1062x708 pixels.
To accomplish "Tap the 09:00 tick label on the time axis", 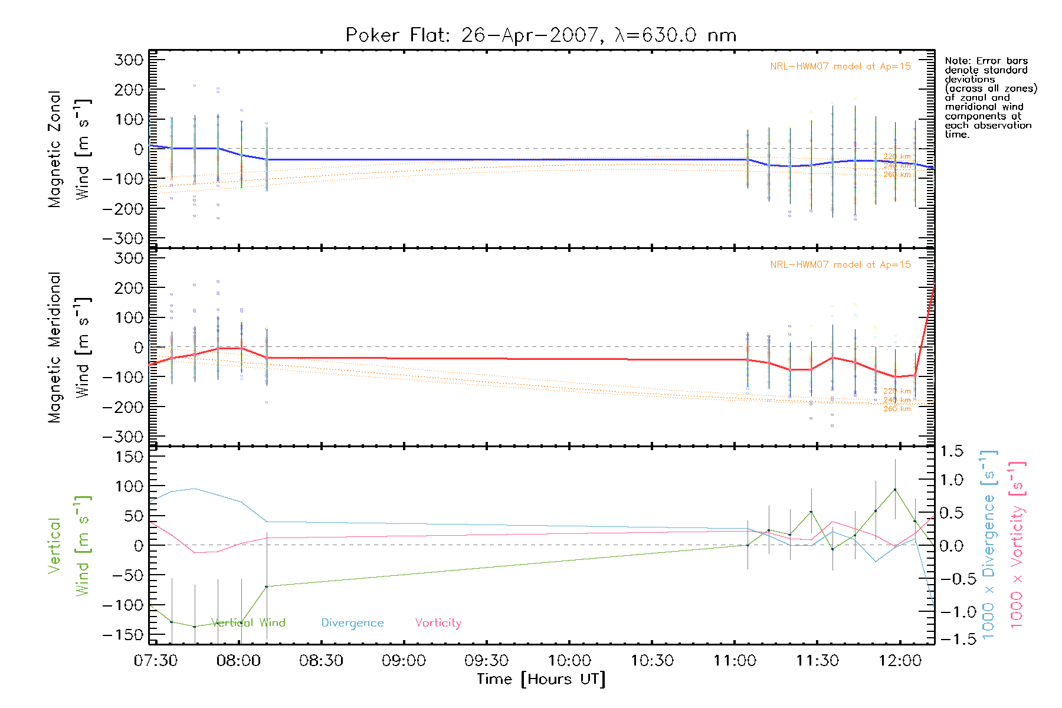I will click(x=404, y=660).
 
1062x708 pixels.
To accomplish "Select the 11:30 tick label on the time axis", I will click(x=817, y=660).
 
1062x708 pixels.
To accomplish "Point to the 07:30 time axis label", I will click(x=156, y=660).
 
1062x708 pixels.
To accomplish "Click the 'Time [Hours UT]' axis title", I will click(x=540, y=679).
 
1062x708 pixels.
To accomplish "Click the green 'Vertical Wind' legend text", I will click(x=248, y=622).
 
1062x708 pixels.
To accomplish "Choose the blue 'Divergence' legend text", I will click(x=352, y=623).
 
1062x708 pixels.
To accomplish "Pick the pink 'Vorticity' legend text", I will click(x=438, y=623).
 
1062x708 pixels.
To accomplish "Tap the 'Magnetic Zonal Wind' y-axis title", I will click(x=69, y=149).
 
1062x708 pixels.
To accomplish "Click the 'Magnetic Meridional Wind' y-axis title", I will click(x=69, y=348).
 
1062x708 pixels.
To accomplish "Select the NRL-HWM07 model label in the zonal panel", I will click(x=840, y=67).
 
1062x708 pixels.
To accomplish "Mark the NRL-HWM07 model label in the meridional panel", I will click(x=840, y=265).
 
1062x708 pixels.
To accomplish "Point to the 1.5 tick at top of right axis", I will click(x=951, y=451).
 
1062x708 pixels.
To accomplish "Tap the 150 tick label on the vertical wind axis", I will click(x=130, y=457).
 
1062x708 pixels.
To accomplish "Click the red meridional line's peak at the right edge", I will click(x=934, y=287).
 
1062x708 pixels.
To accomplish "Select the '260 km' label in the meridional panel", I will click(x=897, y=409).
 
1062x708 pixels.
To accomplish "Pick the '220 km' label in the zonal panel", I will click(x=897, y=157).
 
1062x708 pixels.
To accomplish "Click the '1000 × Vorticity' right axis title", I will click(x=1017, y=545).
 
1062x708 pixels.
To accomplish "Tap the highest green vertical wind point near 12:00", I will click(x=895, y=490).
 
